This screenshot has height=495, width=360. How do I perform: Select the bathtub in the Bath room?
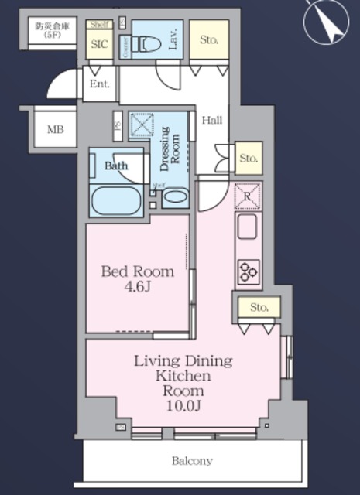click(x=117, y=200)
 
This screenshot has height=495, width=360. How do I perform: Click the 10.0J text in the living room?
click(x=184, y=404)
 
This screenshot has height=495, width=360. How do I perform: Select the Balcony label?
click(x=192, y=461)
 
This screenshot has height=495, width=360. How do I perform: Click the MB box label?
click(x=55, y=128)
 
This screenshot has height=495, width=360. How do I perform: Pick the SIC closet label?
click(x=99, y=44)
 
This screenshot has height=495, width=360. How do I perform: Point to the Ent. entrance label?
click(x=100, y=84)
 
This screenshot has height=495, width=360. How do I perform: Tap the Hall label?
click(x=212, y=120)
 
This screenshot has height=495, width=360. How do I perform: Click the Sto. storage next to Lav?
click(x=209, y=39)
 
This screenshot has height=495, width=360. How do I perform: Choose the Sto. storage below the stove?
click(x=259, y=308)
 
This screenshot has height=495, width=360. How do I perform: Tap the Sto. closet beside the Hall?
click(x=248, y=159)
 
